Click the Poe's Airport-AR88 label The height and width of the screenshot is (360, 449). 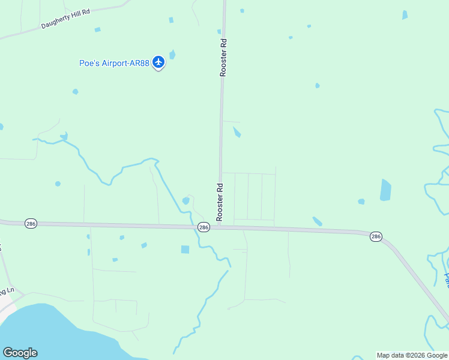tap(114, 63)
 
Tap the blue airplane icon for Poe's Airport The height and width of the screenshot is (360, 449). tap(158, 62)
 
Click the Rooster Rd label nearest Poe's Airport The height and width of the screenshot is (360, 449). tap(223, 58)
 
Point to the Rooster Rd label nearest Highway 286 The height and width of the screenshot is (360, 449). tap(220, 201)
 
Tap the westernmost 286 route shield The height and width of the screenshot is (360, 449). tap(31, 223)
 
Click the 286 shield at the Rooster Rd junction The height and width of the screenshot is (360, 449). tap(203, 227)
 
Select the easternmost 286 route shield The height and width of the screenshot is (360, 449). tap(376, 236)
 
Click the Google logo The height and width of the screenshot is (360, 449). tap(20, 353)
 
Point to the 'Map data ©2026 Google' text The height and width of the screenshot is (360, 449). tap(412, 355)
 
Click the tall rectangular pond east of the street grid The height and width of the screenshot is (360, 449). tap(385, 190)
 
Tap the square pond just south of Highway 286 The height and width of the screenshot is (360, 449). tap(185, 249)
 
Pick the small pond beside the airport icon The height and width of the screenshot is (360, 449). tap(173, 55)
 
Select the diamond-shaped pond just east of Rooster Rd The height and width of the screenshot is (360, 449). tap(237, 131)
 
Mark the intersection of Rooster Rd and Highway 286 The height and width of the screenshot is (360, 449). tap(220, 226)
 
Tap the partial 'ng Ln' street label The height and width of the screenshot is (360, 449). tap(6, 292)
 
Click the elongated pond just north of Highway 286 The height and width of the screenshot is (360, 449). tap(317, 221)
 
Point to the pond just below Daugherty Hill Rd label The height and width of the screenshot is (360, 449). tap(97, 29)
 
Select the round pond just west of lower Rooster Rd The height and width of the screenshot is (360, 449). tap(186, 200)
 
